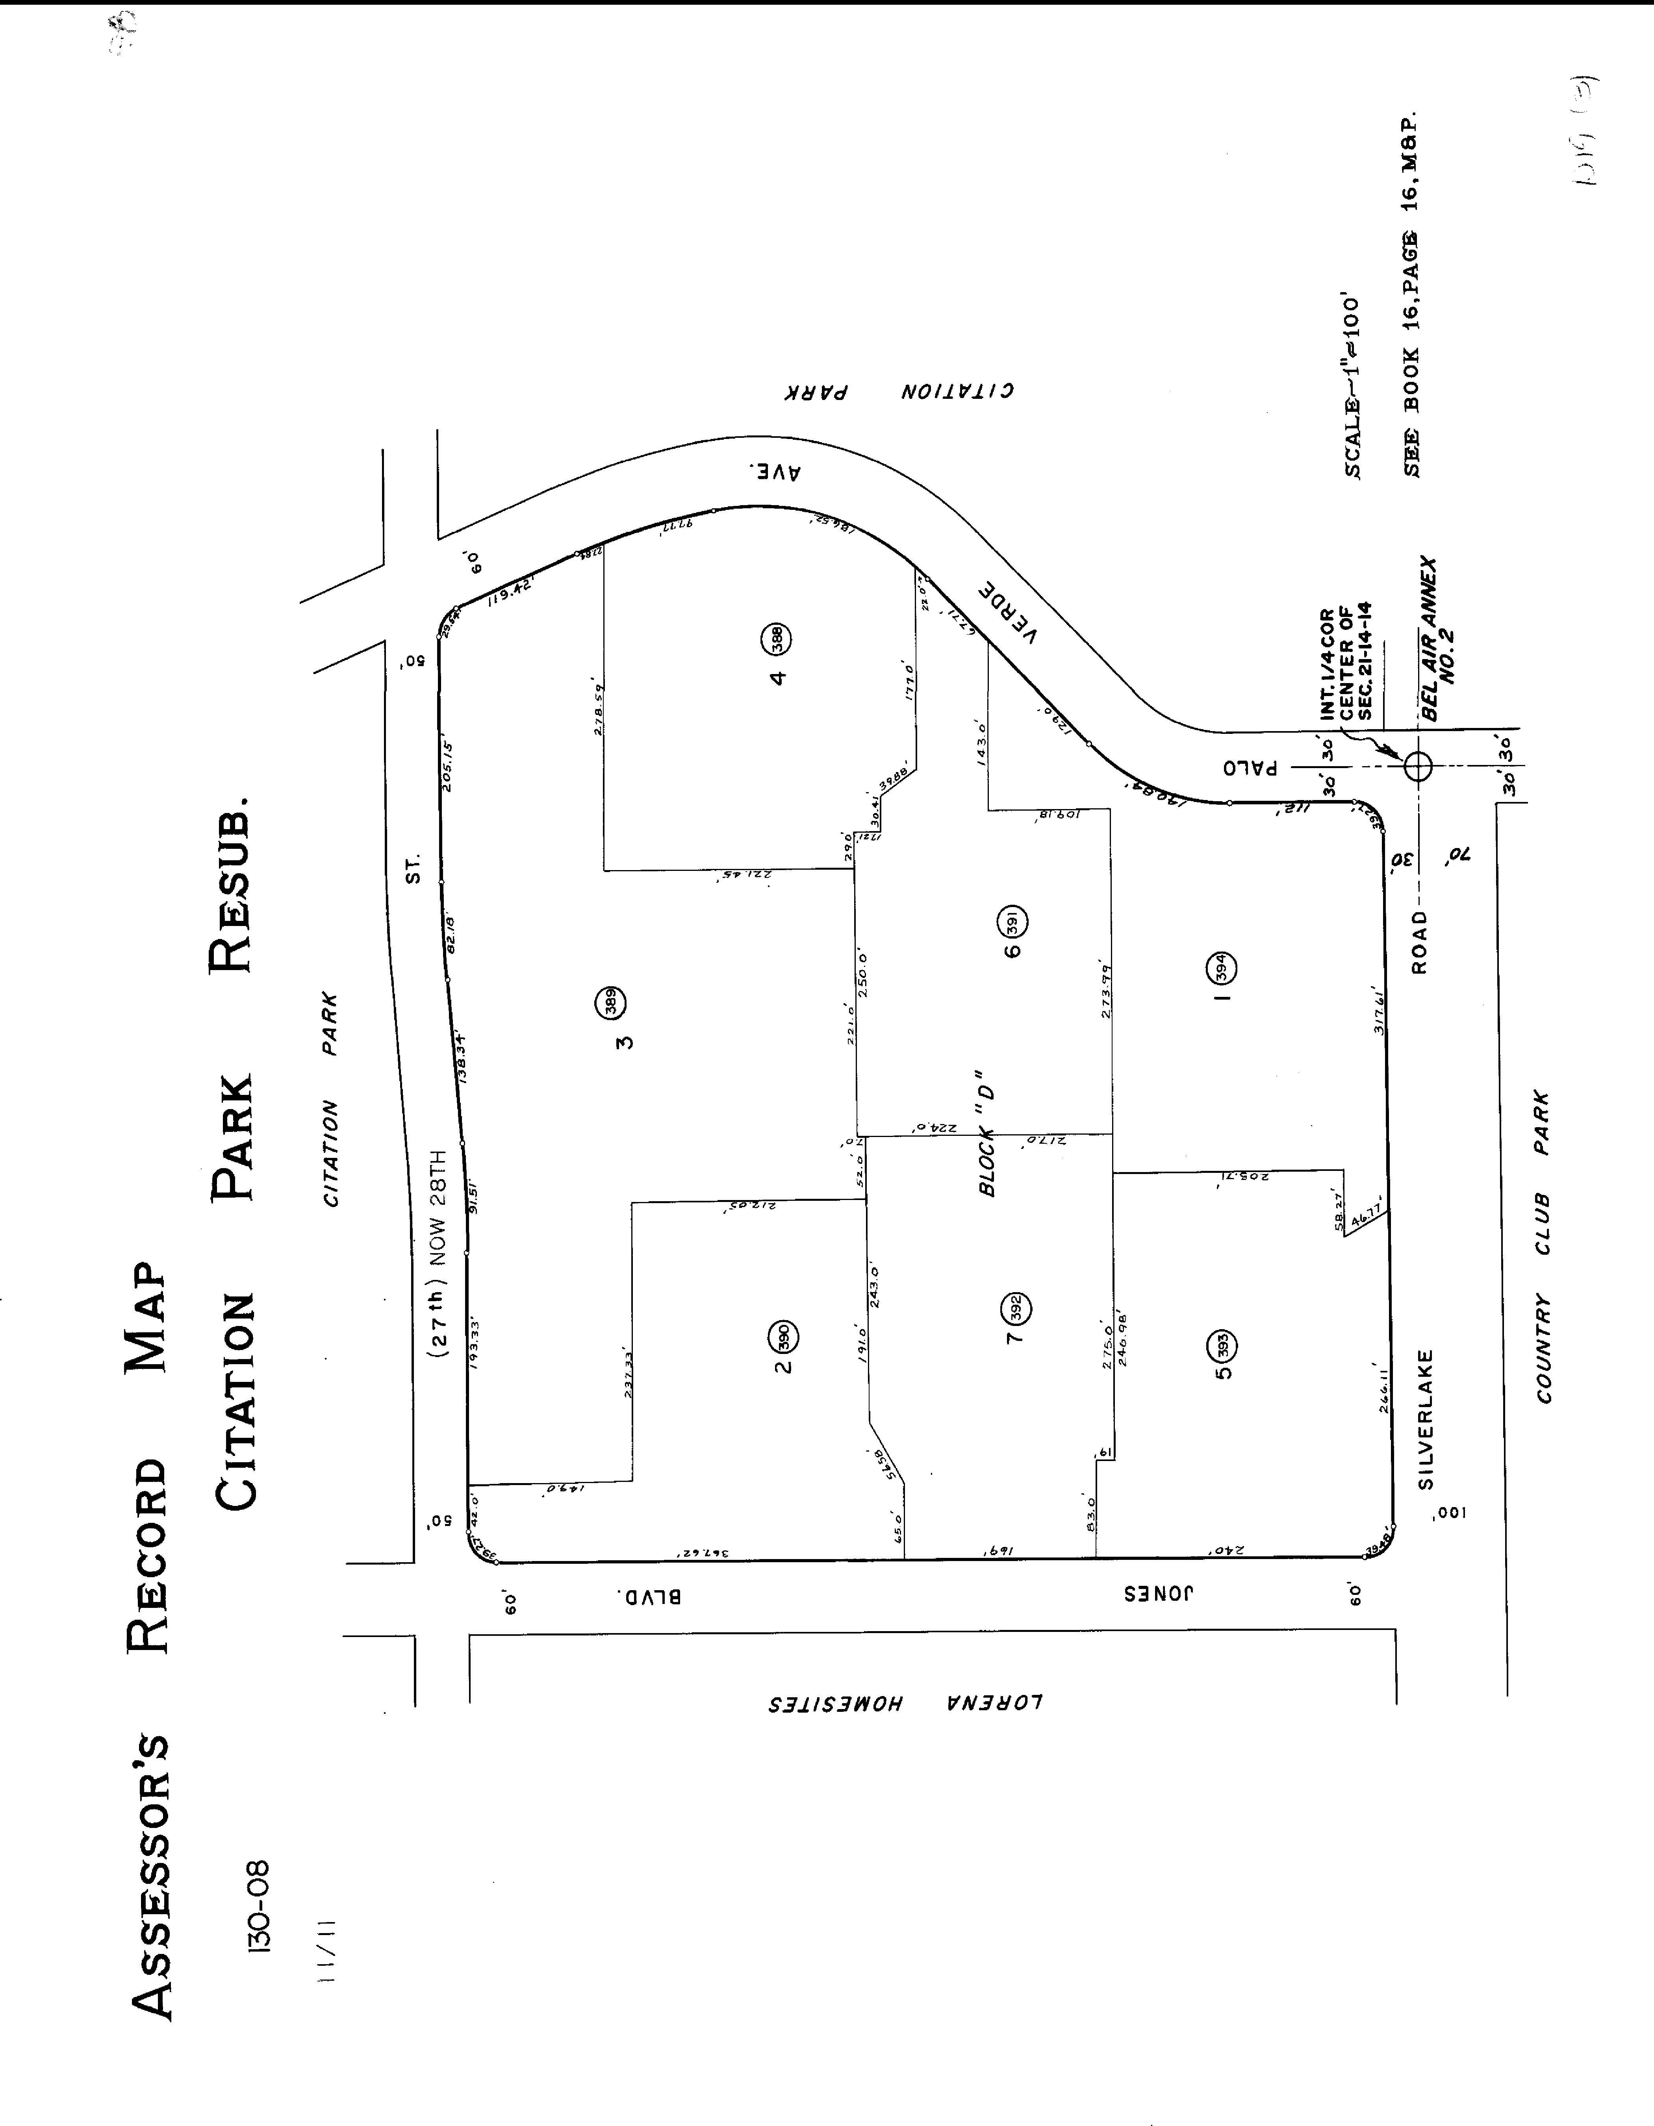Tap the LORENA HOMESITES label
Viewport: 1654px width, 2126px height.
click(905, 1704)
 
